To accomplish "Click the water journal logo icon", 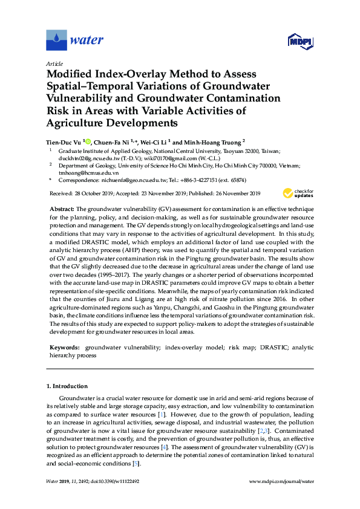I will coord(57,40).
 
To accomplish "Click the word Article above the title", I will coord(54,63).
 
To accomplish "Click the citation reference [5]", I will coord(137,463).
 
